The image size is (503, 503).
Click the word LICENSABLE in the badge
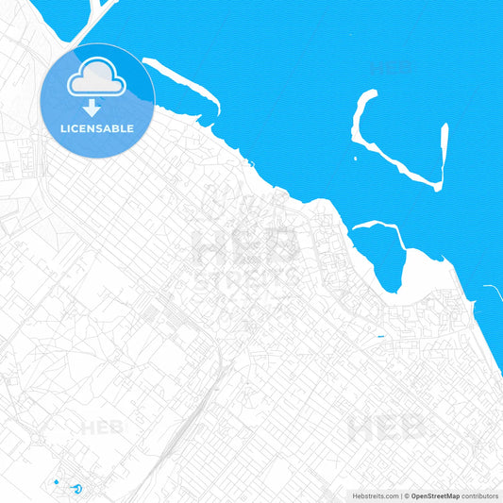98,127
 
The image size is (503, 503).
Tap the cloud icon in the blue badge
97,78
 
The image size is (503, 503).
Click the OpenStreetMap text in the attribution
435,495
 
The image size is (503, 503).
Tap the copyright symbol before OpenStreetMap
407,495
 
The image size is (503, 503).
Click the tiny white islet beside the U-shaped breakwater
357,156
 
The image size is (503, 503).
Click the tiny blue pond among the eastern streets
380,337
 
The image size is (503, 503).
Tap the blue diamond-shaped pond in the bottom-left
57,482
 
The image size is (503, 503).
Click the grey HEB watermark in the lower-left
102,428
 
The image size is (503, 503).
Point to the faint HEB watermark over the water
390,68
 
